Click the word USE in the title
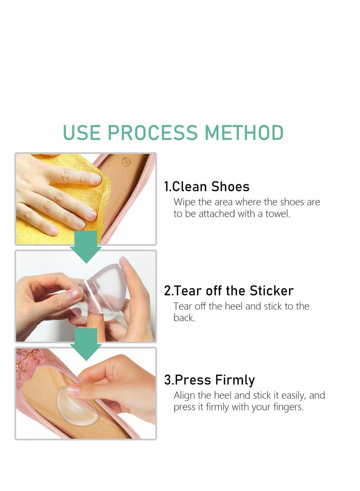(x=82, y=133)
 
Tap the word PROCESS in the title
(x=153, y=133)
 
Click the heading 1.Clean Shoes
(x=207, y=186)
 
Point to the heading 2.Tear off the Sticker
(x=229, y=291)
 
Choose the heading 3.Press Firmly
(x=209, y=380)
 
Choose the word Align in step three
(x=185, y=396)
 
